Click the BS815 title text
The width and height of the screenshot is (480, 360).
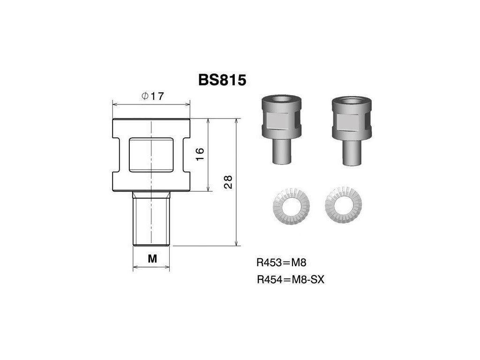[222, 80]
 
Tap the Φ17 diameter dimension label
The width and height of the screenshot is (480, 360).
[153, 96]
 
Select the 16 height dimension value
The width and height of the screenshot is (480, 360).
[199, 154]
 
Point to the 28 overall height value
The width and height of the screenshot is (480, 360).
[228, 182]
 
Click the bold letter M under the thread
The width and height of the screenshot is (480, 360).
[152, 259]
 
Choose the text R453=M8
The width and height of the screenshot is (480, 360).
[281, 262]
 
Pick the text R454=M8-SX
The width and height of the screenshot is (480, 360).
[290, 279]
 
